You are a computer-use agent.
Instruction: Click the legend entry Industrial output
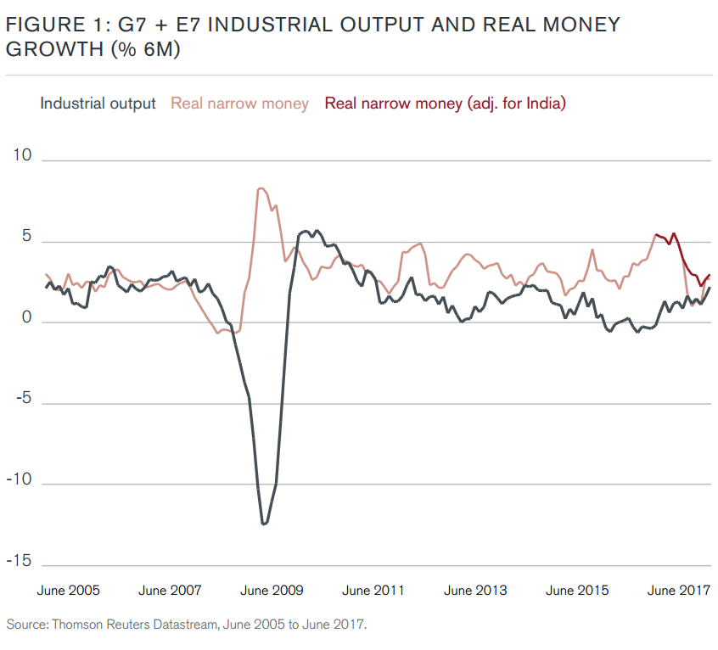pos(98,104)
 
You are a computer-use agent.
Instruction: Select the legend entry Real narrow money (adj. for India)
pos(445,104)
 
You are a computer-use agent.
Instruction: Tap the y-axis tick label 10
pos(21,157)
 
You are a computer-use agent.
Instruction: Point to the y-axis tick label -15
pos(19,561)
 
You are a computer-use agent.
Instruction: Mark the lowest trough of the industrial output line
pos(264,524)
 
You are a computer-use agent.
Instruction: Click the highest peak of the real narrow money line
pos(261,188)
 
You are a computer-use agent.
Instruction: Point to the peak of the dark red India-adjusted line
pos(674,234)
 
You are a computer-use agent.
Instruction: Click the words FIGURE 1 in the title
pos(50,25)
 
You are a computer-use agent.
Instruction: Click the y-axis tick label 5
pos(25,238)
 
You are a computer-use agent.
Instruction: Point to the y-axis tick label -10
pos(19,480)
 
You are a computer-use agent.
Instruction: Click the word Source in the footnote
pos(25,625)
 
